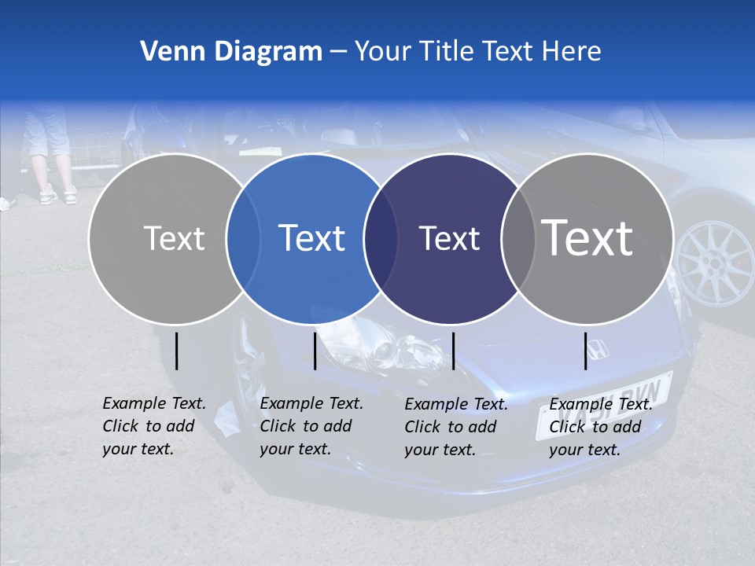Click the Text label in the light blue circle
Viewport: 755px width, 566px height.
click(x=311, y=238)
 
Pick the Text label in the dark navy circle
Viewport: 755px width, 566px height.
click(x=449, y=238)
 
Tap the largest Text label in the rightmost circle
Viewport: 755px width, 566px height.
click(x=587, y=238)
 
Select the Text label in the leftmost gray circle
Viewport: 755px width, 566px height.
click(x=174, y=238)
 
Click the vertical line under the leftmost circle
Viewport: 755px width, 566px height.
click(x=176, y=351)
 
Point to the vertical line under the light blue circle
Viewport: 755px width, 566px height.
click(x=315, y=351)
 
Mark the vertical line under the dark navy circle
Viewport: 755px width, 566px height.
click(x=453, y=351)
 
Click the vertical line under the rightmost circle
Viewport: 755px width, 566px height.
click(x=586, y=351)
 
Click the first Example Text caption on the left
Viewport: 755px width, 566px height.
click(x=154, y=426)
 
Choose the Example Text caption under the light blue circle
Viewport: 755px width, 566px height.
click(x=311, y=426)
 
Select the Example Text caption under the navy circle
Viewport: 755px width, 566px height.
click(x=456, y=427)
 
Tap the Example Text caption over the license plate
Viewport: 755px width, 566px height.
click(x=601, y=427)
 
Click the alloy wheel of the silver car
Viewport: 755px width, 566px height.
click(x=716, y=263)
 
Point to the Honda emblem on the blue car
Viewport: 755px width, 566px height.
click(x=598, y=348)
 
